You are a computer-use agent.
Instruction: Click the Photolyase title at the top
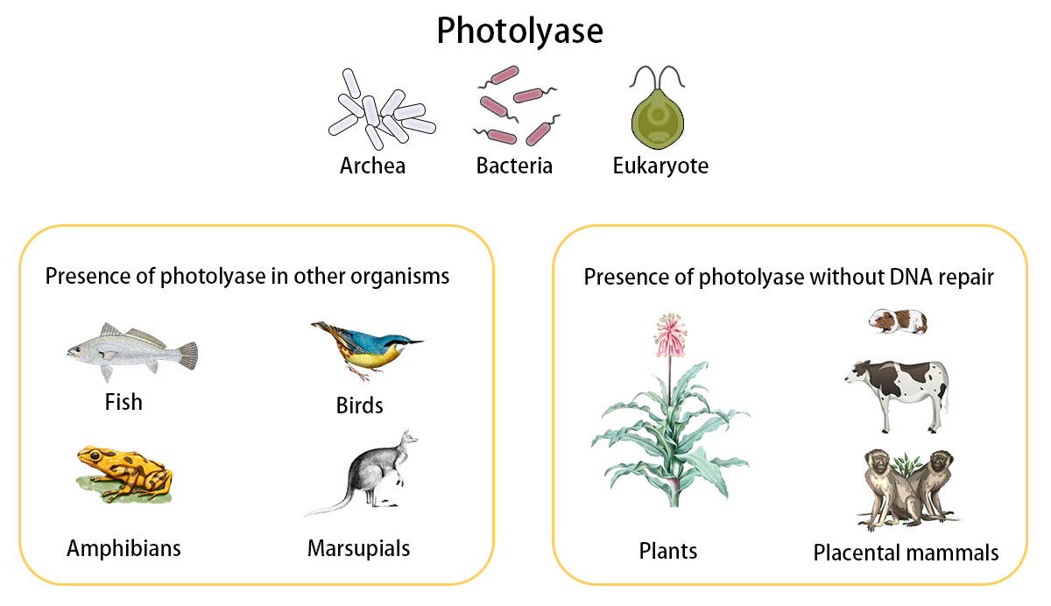pyautogui.click(x=520, y=32)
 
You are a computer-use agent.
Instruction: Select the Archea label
pyautogui.click(x=372, y=166)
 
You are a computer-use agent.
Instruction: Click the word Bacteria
pyautogui.click(x=514, y=166)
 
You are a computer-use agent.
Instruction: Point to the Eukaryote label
pyautogui.click(x=660, y=166)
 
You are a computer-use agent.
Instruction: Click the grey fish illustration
pyautogui.click(x=132, y=353)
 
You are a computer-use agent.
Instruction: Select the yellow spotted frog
pyautogui.click(x=123, y=474)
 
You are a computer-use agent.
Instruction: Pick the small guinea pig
pyautogui.click(x=898, y=321)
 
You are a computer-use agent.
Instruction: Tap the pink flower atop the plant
pyautogui.click(x=670, y=332)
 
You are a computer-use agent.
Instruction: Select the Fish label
pyautogui.click(x=123, y=402)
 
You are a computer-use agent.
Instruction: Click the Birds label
pyautogui.click(x=359, y=406)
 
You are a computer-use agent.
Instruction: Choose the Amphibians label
pyautogui.click(x=123, y=548)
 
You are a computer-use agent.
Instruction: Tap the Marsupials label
pyautogui.click(x=358, y=549)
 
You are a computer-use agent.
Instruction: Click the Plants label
pyautogui.click(x=668, y=551)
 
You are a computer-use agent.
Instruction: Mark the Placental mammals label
pyautogui.click(x=906, y=553)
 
